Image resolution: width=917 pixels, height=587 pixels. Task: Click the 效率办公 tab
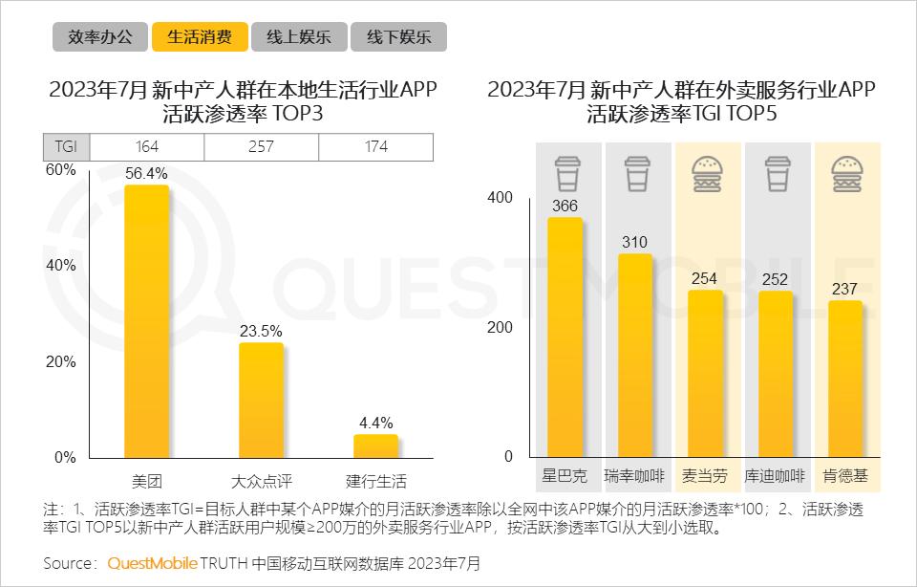tap(99, 37)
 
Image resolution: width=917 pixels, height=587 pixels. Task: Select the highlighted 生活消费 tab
tap(199, 37)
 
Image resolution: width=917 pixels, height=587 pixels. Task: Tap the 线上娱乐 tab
tap(298, 37)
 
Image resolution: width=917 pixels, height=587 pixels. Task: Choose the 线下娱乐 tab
tap(398, 37)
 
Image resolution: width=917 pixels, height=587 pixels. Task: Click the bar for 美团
tap(146, 320)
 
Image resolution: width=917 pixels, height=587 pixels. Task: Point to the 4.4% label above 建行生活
tap(375, 423)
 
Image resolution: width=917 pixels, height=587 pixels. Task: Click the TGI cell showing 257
tap(261, 147)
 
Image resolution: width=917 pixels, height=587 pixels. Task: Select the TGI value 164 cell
tap(146, 147)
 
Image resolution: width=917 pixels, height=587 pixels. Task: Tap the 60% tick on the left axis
tap(61, 170)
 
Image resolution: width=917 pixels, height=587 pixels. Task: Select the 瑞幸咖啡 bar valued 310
tap(635, 355)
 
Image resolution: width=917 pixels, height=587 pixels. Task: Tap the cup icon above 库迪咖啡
tap(777, 175)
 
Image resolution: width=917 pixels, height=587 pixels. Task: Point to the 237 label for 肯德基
tap(845, 289)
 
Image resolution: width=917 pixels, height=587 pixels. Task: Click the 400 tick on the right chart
tap(501, 198)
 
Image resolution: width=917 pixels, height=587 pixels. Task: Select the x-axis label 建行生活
tap(375, 481)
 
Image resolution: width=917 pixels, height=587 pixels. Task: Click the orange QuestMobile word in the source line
tap(152, 563)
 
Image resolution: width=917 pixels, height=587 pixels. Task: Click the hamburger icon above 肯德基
tap(846, 175)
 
